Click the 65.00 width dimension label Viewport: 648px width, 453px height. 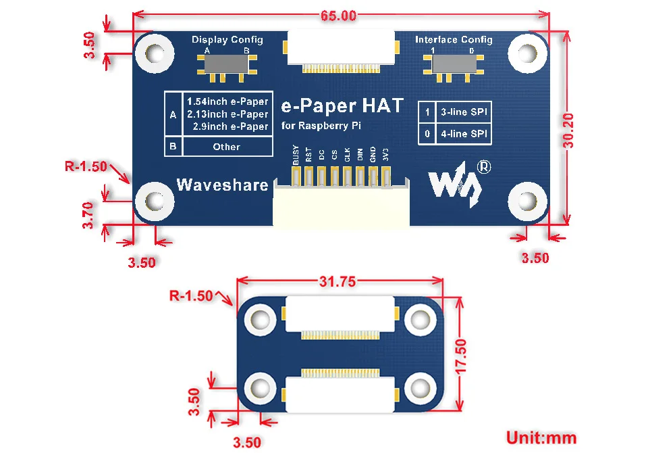click(338, 16)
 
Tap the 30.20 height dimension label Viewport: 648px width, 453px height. click(568, 130)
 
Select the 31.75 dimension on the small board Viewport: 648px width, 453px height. click(337, 281)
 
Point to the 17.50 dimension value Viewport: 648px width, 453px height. click(461, 356)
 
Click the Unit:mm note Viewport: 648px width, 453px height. click(541, 437)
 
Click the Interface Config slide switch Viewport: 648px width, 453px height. click(454, 65)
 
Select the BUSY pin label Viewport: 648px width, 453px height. click(296, 154)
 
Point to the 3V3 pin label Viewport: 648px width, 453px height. click(385, 154)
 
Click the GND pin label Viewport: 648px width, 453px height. click(373, 154)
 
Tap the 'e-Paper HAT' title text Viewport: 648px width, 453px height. click(342, 106)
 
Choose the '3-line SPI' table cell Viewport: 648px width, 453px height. click(464, 112)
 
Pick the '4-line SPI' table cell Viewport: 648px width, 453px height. click(464, 134)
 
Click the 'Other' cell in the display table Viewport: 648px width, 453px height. click(227, 147)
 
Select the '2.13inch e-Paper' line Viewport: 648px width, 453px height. click(227, 114)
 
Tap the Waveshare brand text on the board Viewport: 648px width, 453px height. click(222, 185)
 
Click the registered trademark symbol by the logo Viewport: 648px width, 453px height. click(484, 167)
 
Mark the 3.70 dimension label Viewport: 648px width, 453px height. click(88, 215)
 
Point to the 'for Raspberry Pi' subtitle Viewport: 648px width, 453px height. click(321, 126)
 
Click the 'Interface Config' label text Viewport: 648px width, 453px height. click(454, 39)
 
